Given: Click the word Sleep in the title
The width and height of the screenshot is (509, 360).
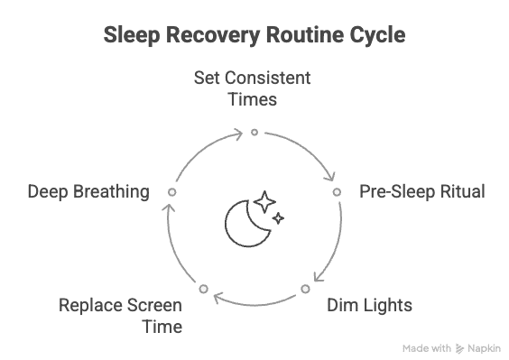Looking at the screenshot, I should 133,35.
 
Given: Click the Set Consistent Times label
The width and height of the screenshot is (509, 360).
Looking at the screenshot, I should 253,88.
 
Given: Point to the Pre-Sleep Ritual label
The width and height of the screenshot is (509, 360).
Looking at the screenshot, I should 422,191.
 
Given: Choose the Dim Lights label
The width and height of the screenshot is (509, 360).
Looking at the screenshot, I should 368,305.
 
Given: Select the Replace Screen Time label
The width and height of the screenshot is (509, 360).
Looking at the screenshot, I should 120,315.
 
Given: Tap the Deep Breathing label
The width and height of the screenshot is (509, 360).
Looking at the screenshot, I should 88,191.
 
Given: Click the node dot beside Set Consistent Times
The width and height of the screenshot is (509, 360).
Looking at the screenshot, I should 255,132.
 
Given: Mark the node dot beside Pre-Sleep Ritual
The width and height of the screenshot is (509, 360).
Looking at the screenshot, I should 337,191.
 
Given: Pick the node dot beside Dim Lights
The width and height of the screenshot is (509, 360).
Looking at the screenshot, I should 305,289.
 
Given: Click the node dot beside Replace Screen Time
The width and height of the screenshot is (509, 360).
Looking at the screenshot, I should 204,289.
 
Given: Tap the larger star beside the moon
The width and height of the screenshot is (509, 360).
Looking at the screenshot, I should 264,201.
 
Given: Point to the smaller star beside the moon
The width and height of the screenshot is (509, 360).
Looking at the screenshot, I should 279,217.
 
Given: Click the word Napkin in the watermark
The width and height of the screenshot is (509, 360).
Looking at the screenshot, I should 484,347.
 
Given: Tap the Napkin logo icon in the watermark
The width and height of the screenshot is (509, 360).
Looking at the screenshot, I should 460,347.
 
